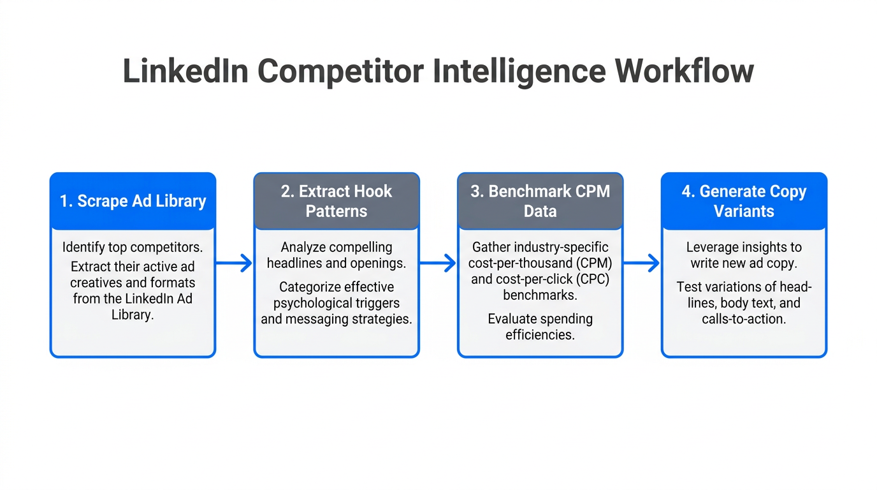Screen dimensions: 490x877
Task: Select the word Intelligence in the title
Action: [x=519, y=71]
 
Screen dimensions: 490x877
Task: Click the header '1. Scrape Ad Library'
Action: [x=133, y=201]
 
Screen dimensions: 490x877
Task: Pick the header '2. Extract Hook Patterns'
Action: [x=337, y=201]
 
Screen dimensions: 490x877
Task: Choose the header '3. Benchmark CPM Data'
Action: [x=540, y=201]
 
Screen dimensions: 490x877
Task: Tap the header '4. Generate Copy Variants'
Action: [x=744, y=201]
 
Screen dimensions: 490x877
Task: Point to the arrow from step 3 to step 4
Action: [x=642, y=263]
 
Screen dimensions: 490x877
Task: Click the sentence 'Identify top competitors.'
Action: [x=133, y=247]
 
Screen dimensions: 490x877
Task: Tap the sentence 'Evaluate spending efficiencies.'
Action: [x=540, y=326]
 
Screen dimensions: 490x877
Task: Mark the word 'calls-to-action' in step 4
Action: [x=744, y=318]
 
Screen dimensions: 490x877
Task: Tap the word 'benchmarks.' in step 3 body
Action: [x=540, y=295]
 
